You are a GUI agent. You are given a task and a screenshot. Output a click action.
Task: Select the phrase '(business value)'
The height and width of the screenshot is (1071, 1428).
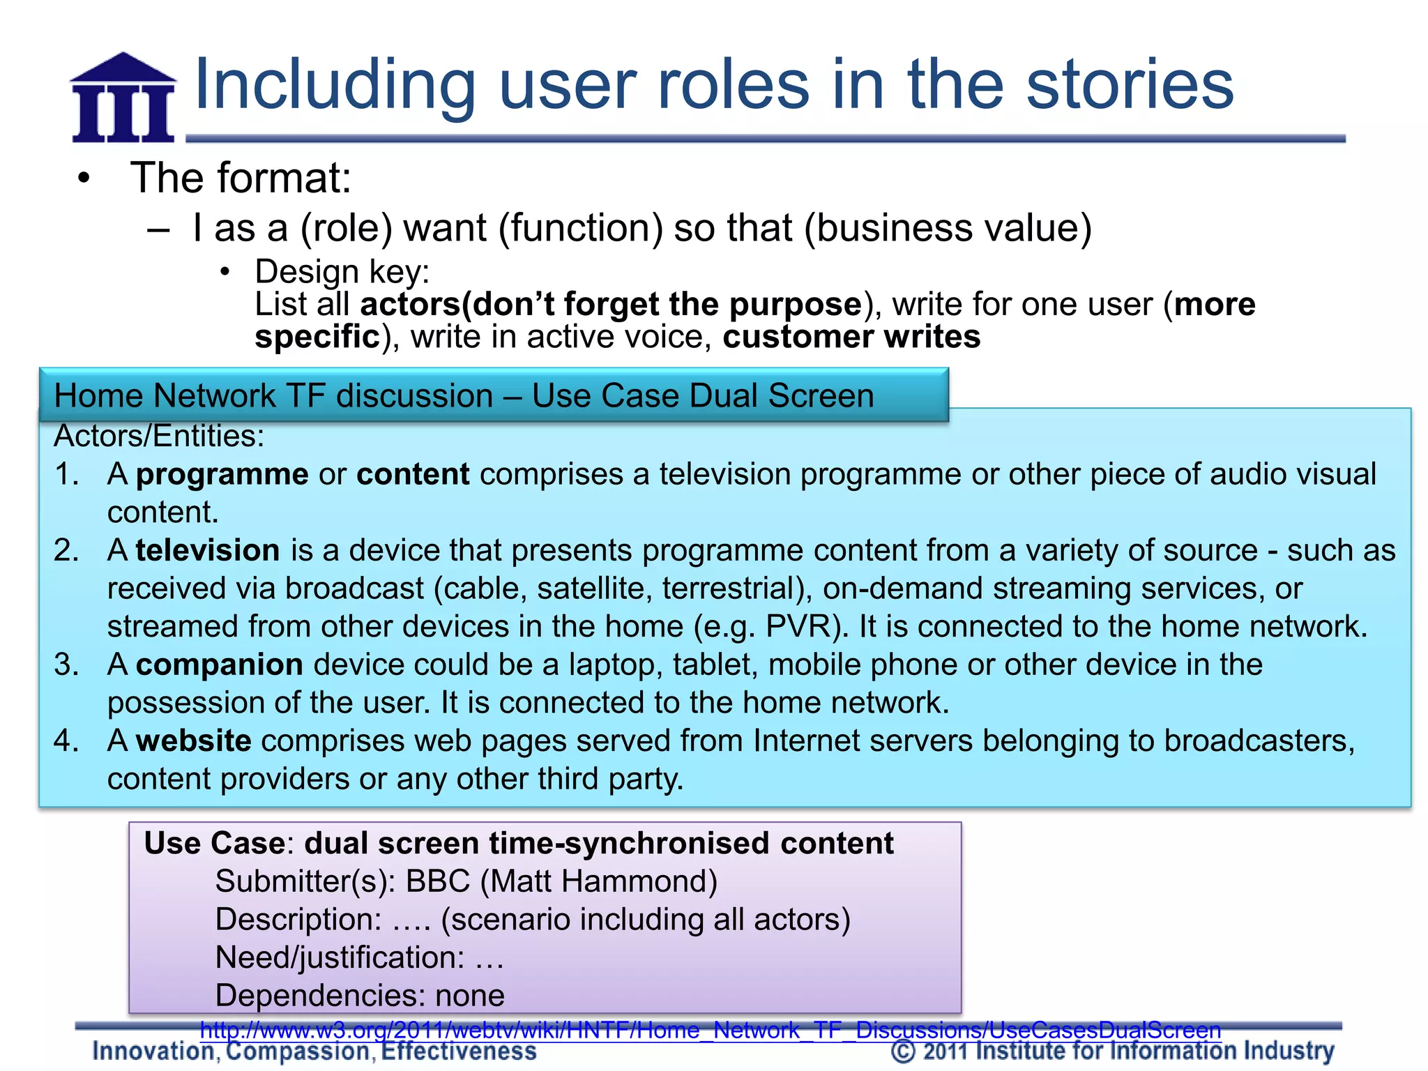pyautogui.click(x=948, y=228)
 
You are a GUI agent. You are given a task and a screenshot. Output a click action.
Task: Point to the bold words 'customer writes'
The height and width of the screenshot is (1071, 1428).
pyautogui.click(x=851, y=337)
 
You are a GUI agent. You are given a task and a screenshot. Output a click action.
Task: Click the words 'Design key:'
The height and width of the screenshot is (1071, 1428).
pyautogui.click(x=342, y=271)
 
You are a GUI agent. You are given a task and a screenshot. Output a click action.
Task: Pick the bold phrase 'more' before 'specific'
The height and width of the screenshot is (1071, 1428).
pyautogui.click(x=1214, y=304)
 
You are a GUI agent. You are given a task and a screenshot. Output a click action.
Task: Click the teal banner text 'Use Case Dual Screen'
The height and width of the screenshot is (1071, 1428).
pyautogui.click(x=702, y=395)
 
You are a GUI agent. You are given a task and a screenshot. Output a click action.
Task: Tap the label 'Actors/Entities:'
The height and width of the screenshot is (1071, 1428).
pyautogui.click(x=159, y=436)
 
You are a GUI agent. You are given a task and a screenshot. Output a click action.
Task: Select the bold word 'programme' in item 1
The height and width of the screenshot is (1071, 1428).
pyautogui.click(x=222, y=474)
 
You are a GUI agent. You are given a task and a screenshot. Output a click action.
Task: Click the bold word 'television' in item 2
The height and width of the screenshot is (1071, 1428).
pyautogui.click(x=208, y=550)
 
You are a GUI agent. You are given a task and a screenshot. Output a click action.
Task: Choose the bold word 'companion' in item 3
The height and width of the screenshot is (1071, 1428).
pyautogui.click(x=219, y=664)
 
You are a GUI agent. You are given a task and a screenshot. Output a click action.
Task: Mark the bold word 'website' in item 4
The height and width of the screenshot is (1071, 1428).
pyautogui.click(x=193, y=740)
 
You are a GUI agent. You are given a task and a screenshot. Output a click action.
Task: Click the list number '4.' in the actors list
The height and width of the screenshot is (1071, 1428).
pyautogui.click(x=67, y=740)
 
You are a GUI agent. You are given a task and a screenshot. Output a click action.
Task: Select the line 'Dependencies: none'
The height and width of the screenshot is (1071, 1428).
pyautogui.click(x=360, y=995)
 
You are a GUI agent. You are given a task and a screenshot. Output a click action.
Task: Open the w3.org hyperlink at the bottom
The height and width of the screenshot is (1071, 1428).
pyautogui.click(x=710, y=1030)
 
